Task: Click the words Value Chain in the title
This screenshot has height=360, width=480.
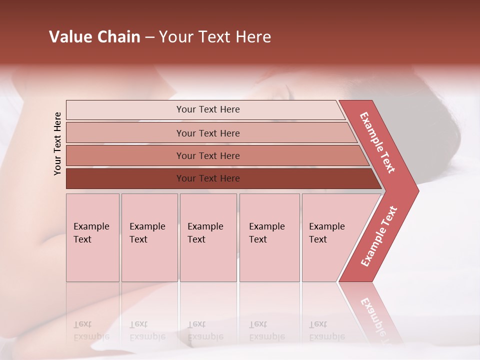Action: tap(94, 37)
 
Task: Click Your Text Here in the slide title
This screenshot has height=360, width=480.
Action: tap(215, 37)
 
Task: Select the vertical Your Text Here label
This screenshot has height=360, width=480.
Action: tap(57, 143)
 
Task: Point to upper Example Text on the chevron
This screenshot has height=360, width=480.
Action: tap(377, 142)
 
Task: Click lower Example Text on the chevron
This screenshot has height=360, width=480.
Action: tap(379, 236)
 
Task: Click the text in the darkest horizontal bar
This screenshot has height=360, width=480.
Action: tap(208, 178)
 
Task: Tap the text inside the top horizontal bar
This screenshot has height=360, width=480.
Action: tap(208, 109)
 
